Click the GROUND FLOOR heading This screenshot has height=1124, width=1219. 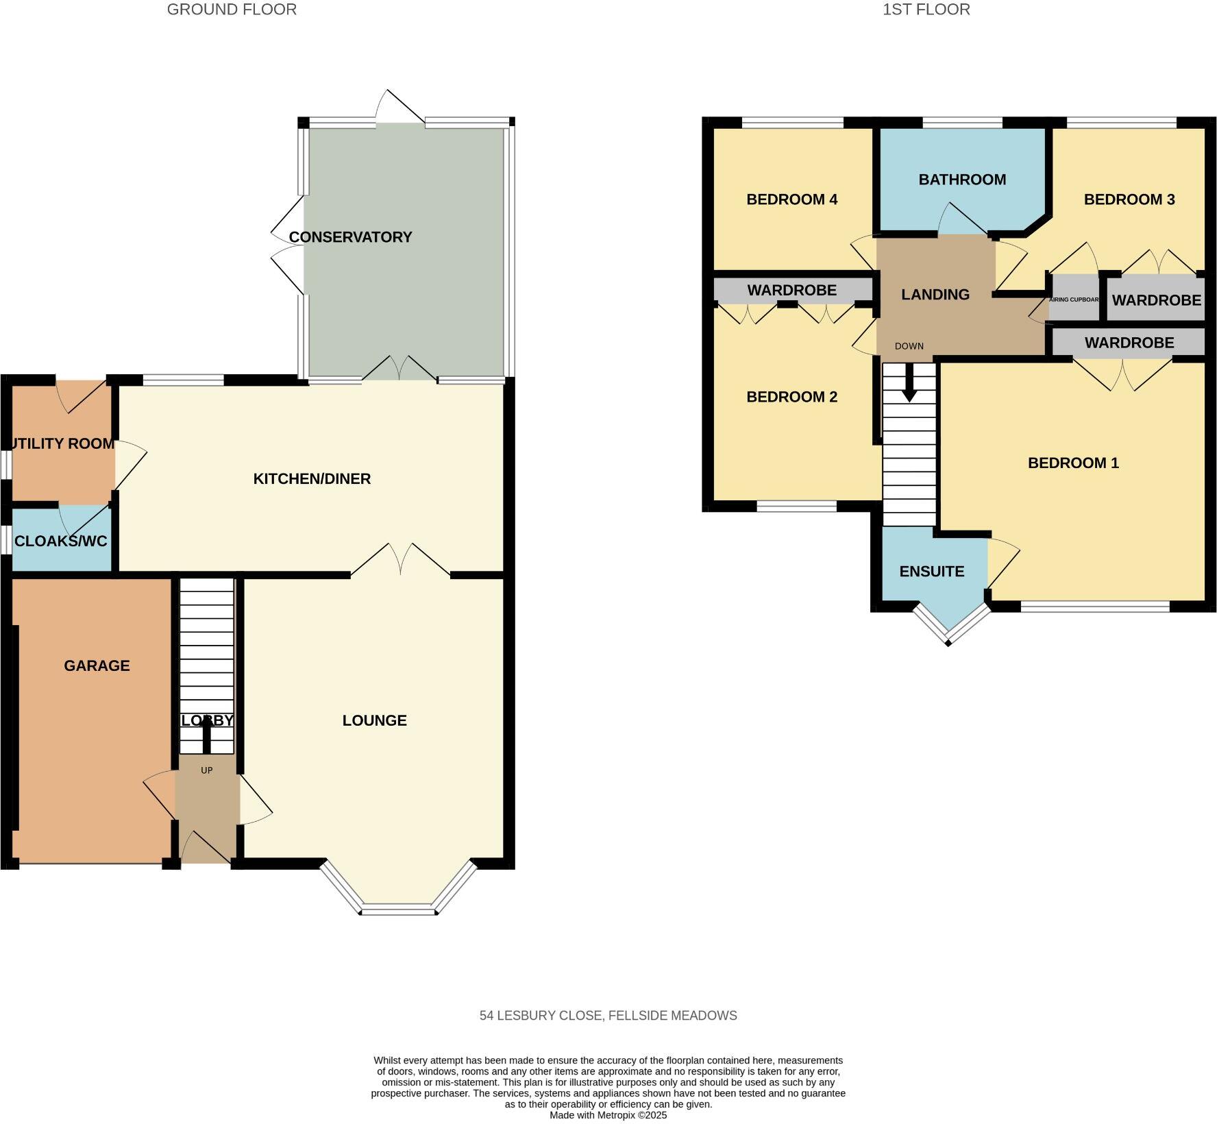pos(232,10)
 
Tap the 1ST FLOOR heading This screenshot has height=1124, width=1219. pos(926,10)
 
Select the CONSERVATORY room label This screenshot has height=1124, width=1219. pos(350,237)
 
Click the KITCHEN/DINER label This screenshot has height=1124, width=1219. pos(312,479)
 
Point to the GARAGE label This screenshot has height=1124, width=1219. pos(97,665)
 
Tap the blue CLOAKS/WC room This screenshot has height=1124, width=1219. pos(61,541)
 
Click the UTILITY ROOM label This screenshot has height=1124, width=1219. pos(62,443)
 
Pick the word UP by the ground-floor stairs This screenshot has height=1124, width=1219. pos(207,770)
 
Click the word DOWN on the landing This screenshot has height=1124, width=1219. pos(909,346)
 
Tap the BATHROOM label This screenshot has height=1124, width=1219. pos(962,180)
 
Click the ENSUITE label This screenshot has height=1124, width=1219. pos(931,572)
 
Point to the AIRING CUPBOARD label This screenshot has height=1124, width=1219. pos(1074,300)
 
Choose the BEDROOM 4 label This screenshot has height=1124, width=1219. pos(791,199)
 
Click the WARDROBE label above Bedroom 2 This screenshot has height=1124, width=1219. pos(791,290)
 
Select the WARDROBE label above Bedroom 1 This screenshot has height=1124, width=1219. pos(1129,343)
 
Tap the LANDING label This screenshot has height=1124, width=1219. pos(935,295)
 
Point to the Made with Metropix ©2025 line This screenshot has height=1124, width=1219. pos(608,1115)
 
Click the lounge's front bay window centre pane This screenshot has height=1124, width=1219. pos(398,911)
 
